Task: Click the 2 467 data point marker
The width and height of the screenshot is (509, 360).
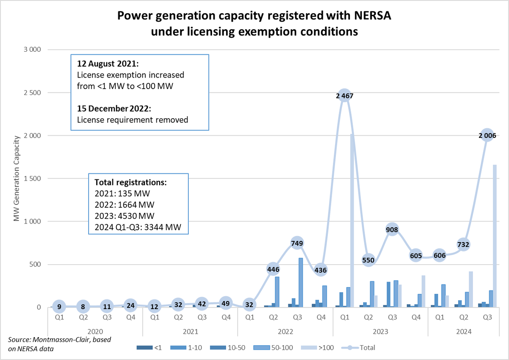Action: click(x=344, y=96)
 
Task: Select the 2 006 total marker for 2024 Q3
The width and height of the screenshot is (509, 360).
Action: click(x=487, y=135)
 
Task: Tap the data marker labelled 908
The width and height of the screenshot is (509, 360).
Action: click(x=392, y=230)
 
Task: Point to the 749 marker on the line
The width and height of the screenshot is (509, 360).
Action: click(x=297, y=243)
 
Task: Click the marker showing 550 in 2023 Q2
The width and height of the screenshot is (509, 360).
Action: click(x=369, y=260)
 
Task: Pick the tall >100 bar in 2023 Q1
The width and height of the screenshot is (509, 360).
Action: click(x=352, y=220)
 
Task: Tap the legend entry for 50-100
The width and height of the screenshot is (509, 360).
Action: click(x=267, y=348)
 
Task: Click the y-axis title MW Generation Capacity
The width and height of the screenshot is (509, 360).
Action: click(x=17, y=179)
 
